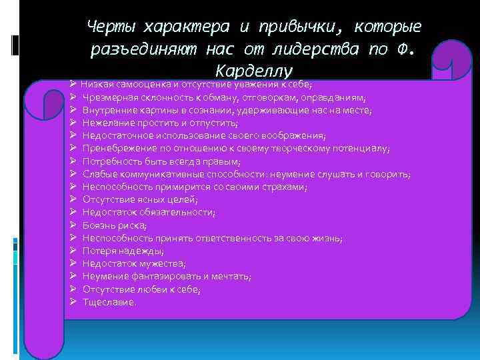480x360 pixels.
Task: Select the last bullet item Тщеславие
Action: tap(109, 302)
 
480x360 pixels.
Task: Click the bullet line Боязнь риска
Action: tap(115, 225)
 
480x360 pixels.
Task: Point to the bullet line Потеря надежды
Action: tap(123, 251)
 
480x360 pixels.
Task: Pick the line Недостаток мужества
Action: tap(134, 263)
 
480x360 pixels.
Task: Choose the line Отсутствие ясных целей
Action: tap(140, 199)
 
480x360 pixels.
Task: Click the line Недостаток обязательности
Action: tap(149, 213)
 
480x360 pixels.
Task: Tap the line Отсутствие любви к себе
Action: tap(141, 289)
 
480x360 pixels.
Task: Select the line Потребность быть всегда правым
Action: tap(161, 161)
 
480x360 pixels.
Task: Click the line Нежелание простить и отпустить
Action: tap(160, 123)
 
